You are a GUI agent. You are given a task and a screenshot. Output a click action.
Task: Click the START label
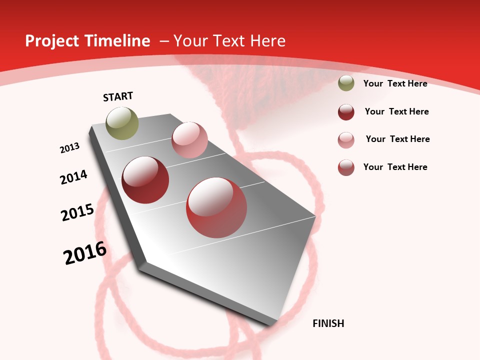[118, 96]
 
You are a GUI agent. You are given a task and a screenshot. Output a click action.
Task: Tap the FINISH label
[328, 323]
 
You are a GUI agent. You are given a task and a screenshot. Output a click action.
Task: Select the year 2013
[70, 148]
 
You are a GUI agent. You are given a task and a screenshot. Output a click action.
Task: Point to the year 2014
[74, 177]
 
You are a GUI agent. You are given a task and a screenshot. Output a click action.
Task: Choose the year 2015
[77, 212]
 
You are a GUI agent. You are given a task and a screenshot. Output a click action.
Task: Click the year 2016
[85, 253]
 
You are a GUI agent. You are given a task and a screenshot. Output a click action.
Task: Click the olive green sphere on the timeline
[122, 123]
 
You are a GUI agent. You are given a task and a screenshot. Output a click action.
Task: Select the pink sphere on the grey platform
[189, 140]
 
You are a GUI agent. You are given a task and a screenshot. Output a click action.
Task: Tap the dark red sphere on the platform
[145, 180]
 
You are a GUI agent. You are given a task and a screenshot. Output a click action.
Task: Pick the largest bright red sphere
[216, 207]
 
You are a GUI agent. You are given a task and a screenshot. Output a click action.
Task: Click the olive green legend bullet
[346, 83]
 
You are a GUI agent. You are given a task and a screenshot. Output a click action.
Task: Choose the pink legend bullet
[346, 140]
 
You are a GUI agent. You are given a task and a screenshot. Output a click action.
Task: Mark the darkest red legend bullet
[346, 112]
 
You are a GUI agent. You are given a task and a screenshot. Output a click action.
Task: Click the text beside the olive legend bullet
[395, 83]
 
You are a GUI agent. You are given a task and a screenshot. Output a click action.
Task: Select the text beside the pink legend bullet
[398, 139]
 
